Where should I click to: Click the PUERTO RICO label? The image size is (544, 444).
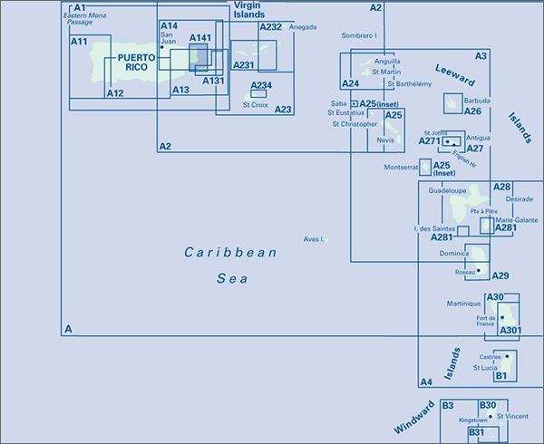136,63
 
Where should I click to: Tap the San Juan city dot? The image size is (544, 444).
161,47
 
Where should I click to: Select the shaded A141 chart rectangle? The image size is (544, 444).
199,57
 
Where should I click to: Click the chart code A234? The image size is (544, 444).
261,85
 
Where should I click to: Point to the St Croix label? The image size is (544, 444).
256,105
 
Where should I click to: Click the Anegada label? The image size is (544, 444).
303,27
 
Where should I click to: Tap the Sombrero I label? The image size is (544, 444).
359,35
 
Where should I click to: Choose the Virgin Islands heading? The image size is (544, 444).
249,10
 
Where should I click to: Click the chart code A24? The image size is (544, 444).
350,83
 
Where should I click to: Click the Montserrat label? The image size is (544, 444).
401,167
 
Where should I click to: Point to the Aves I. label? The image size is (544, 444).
314,239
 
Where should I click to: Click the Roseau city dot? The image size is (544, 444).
479,270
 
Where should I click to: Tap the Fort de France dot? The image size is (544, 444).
502,317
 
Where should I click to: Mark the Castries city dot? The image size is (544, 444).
507,356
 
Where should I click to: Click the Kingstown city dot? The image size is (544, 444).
491,417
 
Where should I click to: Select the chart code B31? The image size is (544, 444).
476,432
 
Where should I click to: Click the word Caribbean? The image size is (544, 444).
230,252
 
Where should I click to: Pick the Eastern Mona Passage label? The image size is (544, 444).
84,19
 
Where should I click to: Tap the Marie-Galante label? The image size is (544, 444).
517,220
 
